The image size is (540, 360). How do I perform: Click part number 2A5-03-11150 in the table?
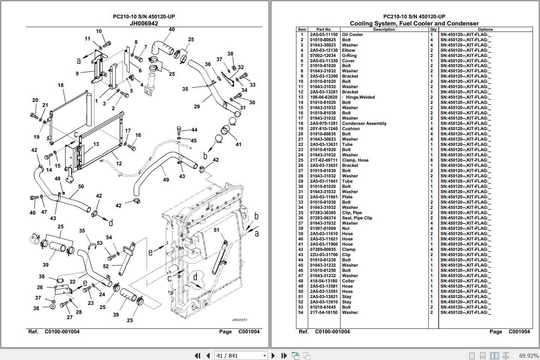pyautogui.click(x=324, y=34)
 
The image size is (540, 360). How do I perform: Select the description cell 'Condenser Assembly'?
pyautogui.click(x=364, y=123)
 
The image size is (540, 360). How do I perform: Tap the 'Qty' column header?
pyautogui.click(x=433, y=29)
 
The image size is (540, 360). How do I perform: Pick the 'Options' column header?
pyautogui.click(x=485, y=29)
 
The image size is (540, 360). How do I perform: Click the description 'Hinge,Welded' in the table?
pyautogui.click(x=360, y=97)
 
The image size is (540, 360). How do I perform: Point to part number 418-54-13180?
pyautogui.click(x=323, y=281)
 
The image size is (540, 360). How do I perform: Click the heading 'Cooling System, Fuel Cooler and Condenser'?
pyautogui.click(x=414, y=23)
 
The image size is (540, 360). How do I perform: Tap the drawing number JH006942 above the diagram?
pyautogui.click(x=144, y=23)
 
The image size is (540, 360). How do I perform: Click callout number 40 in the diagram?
pyautogui.click(x=171, y=30)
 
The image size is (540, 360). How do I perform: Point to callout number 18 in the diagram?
pyautogui.click(x=61, y=85)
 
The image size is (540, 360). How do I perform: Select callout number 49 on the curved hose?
pyautogui.click(x=166, y=180)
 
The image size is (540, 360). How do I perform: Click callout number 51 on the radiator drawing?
pyautogui.click(x=216, y=230)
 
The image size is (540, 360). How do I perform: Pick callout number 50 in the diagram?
pyautogui.click(x=81, y=186)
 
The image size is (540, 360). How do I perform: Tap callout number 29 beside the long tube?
pyautogui.click(x=197, y=106)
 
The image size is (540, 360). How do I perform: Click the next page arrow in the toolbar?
pyautogui.click(x=273, y=355)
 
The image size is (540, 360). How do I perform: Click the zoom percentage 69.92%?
pyautogui.click(x=528, y=355)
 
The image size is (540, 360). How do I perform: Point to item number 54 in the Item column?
pyautogui.click(x=301, y=312)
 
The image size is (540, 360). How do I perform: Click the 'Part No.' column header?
pyautogui.click(x=324, y=29)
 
